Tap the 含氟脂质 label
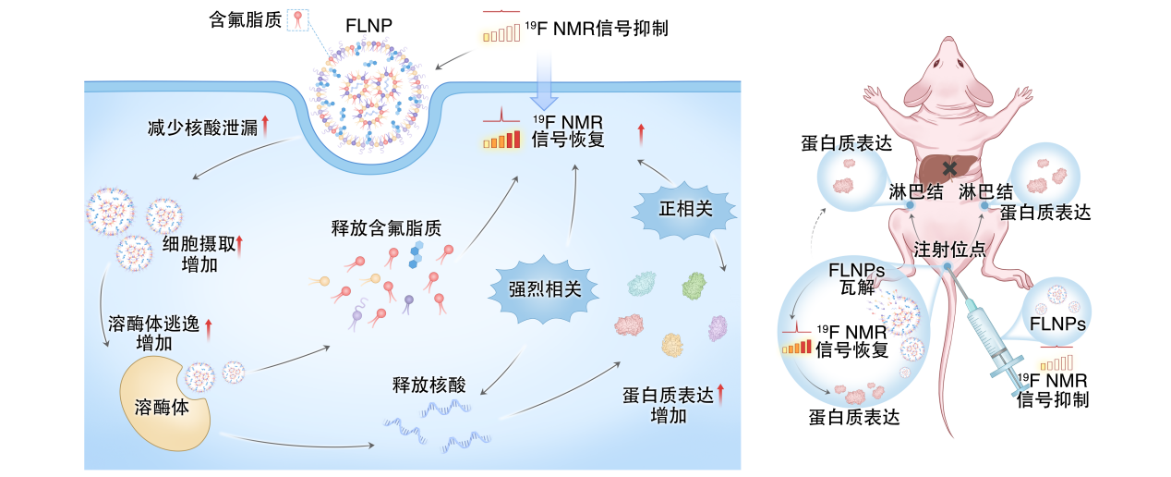[x=244, y=18]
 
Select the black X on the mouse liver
[x=950, y=167]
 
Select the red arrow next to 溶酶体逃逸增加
[x=209, y=325]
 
